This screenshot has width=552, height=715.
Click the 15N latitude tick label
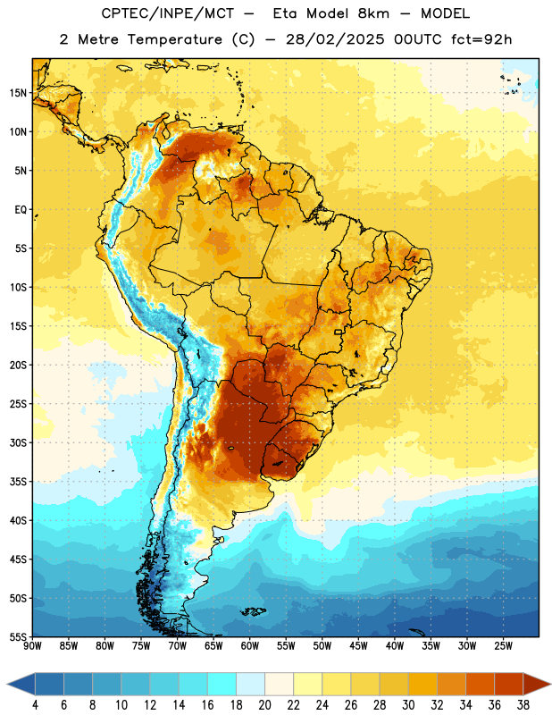[18, 93]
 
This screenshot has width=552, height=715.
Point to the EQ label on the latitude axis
[21, 210]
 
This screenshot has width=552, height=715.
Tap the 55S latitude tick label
[18, 636]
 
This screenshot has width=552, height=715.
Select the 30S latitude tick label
[18, 442]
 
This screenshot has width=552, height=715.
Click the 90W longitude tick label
[32, 646]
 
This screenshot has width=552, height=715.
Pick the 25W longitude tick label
[503, 646]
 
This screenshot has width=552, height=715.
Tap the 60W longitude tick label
[250, 646]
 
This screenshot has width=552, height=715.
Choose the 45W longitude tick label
[358, 646]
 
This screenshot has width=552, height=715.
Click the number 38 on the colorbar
[523, 705]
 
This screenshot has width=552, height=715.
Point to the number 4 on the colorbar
[35, 705]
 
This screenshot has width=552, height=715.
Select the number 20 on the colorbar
[264, 705]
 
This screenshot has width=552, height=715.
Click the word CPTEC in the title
[120, 13]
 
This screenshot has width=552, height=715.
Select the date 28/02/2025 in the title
[335, 39]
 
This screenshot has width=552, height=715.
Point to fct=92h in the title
[481, 39]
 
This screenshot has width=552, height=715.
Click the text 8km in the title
[373, 13]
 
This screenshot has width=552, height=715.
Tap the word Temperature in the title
[174, 39]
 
